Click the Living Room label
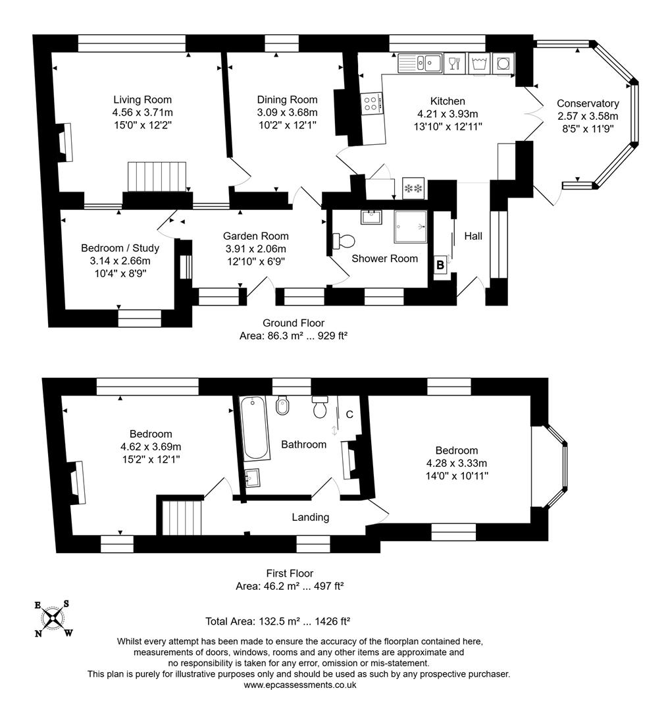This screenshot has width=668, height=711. pyautogui.click(x=142, y=100)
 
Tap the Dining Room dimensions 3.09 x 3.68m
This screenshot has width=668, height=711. pyautogui.click(x=287, y=112)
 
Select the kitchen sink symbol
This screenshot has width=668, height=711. pyautogui.click(x=421, y=63)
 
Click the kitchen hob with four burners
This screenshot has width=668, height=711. pyautogui.click(x=370, y=103)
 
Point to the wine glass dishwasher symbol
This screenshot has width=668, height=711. pyautogui.click(x=454, y=63)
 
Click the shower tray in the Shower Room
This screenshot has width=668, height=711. pyautogui.click(x=411, y=228)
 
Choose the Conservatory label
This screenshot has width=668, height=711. pyautogui.click(x=588, y=103)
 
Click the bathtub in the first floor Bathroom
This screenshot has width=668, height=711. pyautogui.click(x=255, y=429)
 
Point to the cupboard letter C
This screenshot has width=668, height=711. pyautogui.click(x=349, y=414)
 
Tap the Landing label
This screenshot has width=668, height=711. pyautogui.click(x=311, y=517)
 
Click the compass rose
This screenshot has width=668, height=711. pyautogui.click(x=53, y=618)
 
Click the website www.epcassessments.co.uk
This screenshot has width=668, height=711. pyautogui.click(x=300, y=685)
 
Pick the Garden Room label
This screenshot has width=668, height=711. pyautogui.click(x=255, y=236)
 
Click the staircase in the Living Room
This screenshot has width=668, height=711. pyautogui.click(x=157, y=176)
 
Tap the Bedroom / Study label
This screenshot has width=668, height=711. pyautogui.click(x=120, y=248)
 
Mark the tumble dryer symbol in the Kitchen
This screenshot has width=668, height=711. pyautogui.click(x=503, y=63)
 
